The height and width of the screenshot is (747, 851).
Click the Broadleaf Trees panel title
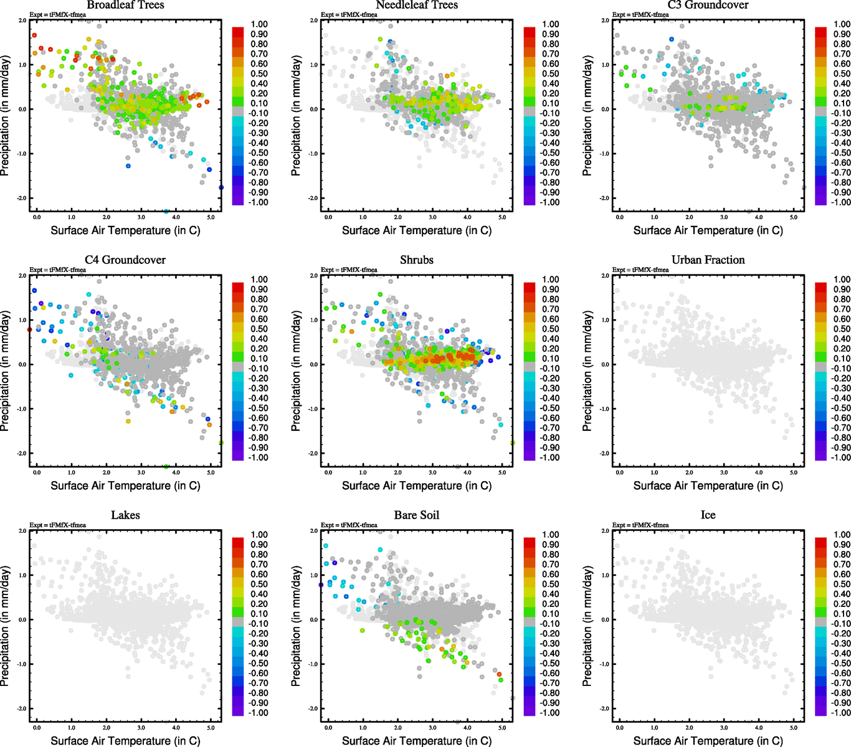pyautogui.click(x=125, y=5)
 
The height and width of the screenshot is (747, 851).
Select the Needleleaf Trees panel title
pyautogui.click(x=417, y=5)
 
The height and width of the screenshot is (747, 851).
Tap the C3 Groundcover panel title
pyautogui.click(x=708, y=5)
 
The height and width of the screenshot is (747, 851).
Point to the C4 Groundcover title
pyautogui.click(x=125, y=260)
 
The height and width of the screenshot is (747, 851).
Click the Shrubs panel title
pyautogui.click(x=417, y=260)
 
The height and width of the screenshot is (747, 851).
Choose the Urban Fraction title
pyautogui.click(x=708, y=260)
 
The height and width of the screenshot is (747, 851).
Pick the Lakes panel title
pyautogui.click(x=125, y=515)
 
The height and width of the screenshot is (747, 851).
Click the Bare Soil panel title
pyautogui.click(x=417, y=515)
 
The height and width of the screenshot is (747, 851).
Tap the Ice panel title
pyautogui.click(x=708, y=515)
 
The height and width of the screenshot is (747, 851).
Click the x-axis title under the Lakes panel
pyautogui.click(x=125, y=741)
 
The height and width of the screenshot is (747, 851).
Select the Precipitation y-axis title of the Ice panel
pyautogui.click(x=587, y=626)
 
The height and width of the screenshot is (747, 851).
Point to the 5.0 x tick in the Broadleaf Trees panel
pyautogui.click(x=211, y=217)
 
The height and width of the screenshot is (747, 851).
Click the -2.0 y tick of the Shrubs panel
pyautogui.click(x=314, y=454)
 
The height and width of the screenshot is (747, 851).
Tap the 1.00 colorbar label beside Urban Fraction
pyautogui.click(x=842, y=280)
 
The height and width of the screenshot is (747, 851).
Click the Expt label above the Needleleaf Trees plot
pyautogui.click(x=349, y=14)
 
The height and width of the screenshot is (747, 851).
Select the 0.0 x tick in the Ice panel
pyautogui.click(x=620, y=728)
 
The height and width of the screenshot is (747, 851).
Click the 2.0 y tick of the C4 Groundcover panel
pyautogui.click(x=22, y=276)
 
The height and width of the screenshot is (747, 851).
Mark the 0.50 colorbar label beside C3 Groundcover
pyautogui.click(x=842, y=73)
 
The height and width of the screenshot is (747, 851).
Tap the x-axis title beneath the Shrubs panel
pyautogui.click(x=417, y=486)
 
